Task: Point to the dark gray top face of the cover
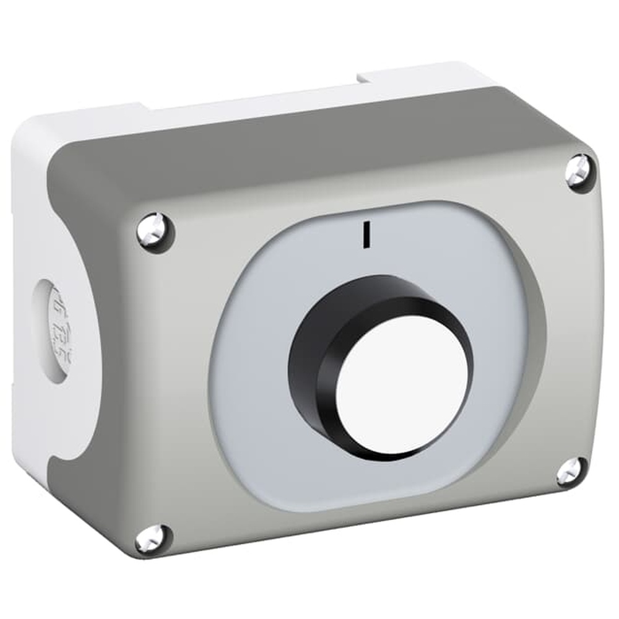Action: tap(309, 142)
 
